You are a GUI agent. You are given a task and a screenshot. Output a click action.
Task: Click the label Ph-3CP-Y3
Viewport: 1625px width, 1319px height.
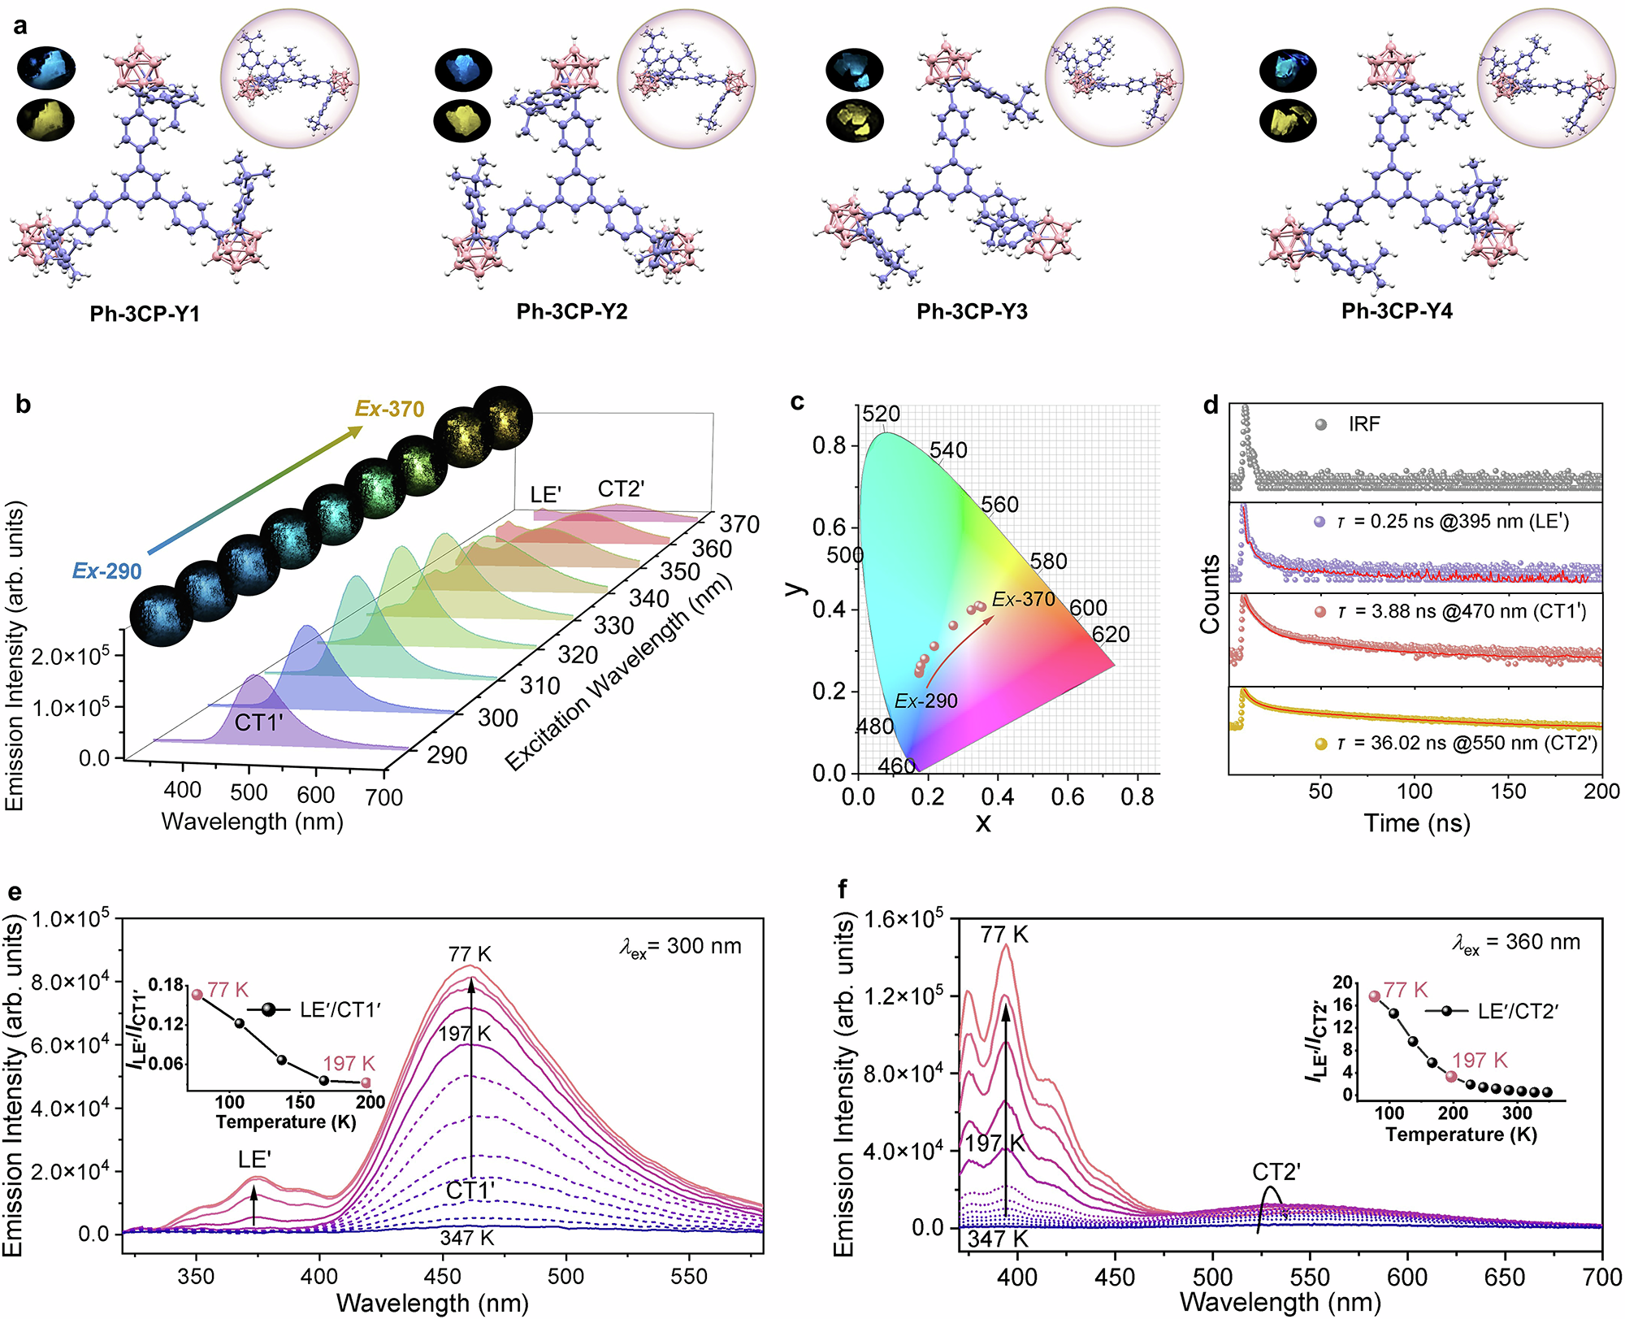click(972, 312)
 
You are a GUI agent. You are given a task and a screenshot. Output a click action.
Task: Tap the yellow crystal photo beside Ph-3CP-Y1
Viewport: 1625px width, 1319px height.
click(46, 119)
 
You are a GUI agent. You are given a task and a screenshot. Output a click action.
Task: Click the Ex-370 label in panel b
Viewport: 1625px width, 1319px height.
click(389, 409)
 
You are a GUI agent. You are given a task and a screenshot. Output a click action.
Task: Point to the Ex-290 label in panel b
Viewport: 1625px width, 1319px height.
click(106, 571)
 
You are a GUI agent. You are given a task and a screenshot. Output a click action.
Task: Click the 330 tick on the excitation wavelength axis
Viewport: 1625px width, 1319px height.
click(613, 626)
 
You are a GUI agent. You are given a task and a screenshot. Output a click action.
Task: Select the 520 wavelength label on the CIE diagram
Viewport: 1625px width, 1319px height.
click(881, 414)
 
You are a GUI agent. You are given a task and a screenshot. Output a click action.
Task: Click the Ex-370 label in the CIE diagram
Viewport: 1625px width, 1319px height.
click(1023, 600)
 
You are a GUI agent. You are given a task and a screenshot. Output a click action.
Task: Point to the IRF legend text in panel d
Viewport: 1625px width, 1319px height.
click(1364, 424)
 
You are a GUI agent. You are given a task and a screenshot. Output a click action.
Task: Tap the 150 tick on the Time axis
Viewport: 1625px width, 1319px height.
click(1508, 791)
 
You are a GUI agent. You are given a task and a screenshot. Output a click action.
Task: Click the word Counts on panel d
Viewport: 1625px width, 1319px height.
click(1210, 594)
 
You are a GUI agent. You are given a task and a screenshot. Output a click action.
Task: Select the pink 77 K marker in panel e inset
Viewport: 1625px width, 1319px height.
click(197, 995)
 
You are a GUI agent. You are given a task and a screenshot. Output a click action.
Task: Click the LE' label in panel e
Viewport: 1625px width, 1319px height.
click(254, 1160)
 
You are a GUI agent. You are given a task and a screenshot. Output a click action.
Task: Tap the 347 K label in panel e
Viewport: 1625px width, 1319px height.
click(467, 1238)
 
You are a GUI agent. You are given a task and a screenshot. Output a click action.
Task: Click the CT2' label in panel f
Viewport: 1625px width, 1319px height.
click(1276, 1172)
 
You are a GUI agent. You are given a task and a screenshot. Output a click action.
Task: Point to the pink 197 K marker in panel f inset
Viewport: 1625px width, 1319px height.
click(1451, 1077)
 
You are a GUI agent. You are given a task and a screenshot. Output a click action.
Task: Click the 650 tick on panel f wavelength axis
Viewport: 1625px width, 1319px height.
click(1504, 1278)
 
